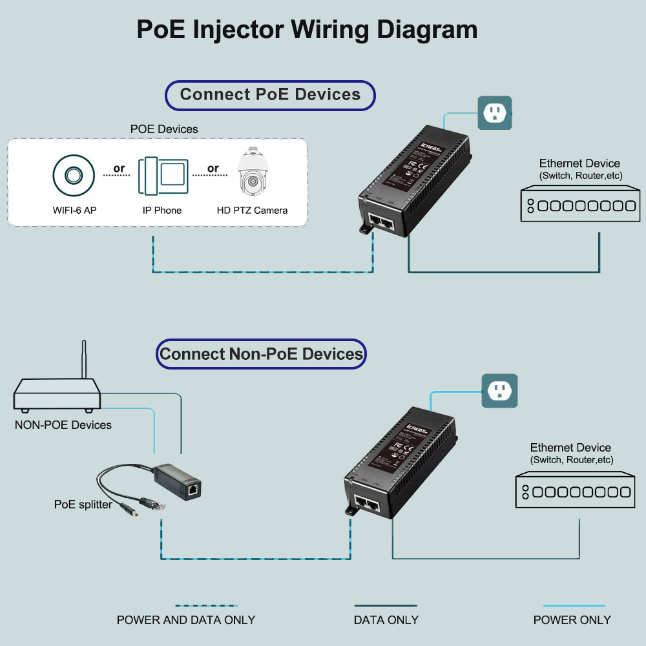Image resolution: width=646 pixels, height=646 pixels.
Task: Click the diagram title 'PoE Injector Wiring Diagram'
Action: pyautogui.click(x=307, y=30)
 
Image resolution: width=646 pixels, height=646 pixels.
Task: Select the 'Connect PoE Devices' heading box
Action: pyautogui.click(x=270, y=95)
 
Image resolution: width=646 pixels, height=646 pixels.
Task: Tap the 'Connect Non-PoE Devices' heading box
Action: pyautogui.click(x=261, y=354)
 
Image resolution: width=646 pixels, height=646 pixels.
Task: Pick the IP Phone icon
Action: pyautogui.click(x=163, y=175)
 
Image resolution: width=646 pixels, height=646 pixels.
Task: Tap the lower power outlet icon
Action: pyautogui.click(x=499, y=390)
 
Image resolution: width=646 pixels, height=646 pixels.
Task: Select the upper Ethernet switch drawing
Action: pyautogui.click(x=580, y=205)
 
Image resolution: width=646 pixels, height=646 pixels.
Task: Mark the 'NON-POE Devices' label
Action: pyautogui.click(x=63, y=425)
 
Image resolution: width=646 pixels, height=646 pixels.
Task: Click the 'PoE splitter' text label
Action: pyautogui.click(x=83, y=505)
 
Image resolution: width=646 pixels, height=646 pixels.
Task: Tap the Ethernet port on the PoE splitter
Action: pyautogui.click(x=193, y=490)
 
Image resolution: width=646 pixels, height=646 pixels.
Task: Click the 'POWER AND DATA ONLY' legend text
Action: pyautogui.click(x=186, y=620)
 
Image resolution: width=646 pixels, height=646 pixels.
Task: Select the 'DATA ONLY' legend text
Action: pyautogui.click(x=386, y=620)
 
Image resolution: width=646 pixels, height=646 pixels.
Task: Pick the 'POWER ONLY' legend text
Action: pyautogui.click(x=572, y=620)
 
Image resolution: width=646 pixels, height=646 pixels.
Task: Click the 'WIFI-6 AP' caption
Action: pyautogui.click(x=75, y=211)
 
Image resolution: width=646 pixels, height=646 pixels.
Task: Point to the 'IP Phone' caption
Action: pyautogui.click(x=162, y=211)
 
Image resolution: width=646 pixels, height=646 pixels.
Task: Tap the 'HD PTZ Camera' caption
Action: pyautogui.click(x=252, y=211)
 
